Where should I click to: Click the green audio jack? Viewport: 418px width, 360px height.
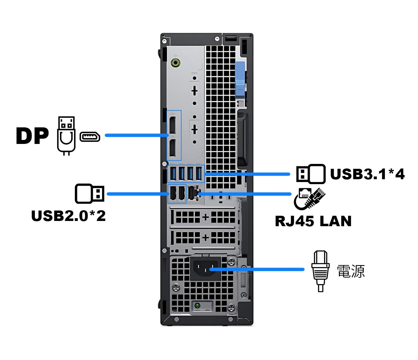point(175,63)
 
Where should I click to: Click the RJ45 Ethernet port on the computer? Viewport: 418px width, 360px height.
point(193,194)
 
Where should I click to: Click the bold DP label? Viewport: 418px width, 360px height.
point(32,136)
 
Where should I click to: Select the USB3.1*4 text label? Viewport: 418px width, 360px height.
point(367,174)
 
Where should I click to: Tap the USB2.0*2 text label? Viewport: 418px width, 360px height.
point(68,215)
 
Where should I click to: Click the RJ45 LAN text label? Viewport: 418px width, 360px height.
point(313,221)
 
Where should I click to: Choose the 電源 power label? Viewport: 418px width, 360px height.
point(351,271)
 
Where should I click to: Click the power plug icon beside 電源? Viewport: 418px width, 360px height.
point(320,271)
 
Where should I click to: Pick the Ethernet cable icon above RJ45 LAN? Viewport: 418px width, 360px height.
point(309,198)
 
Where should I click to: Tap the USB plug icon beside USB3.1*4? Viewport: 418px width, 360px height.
point(310,174)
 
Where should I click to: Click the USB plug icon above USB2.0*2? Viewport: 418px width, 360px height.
point(90,194)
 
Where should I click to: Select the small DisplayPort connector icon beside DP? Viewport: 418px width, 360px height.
point(90,137)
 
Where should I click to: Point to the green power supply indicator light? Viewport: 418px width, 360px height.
point(197,305)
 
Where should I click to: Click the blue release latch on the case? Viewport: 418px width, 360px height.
point(240,79)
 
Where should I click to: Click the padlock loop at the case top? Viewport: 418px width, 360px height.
point(231,38)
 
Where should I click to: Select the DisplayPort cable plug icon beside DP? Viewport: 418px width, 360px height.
point(66,135)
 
